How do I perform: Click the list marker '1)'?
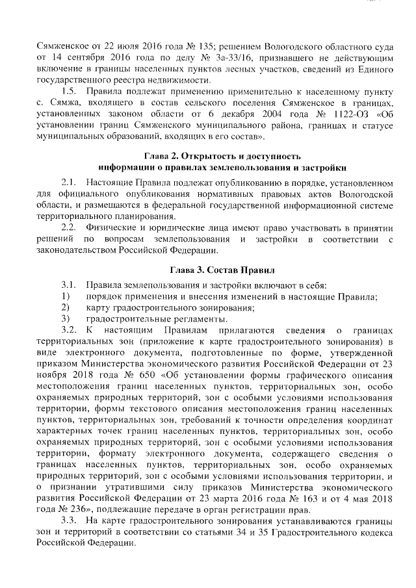(65, 296)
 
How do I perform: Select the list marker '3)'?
(65, 319)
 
